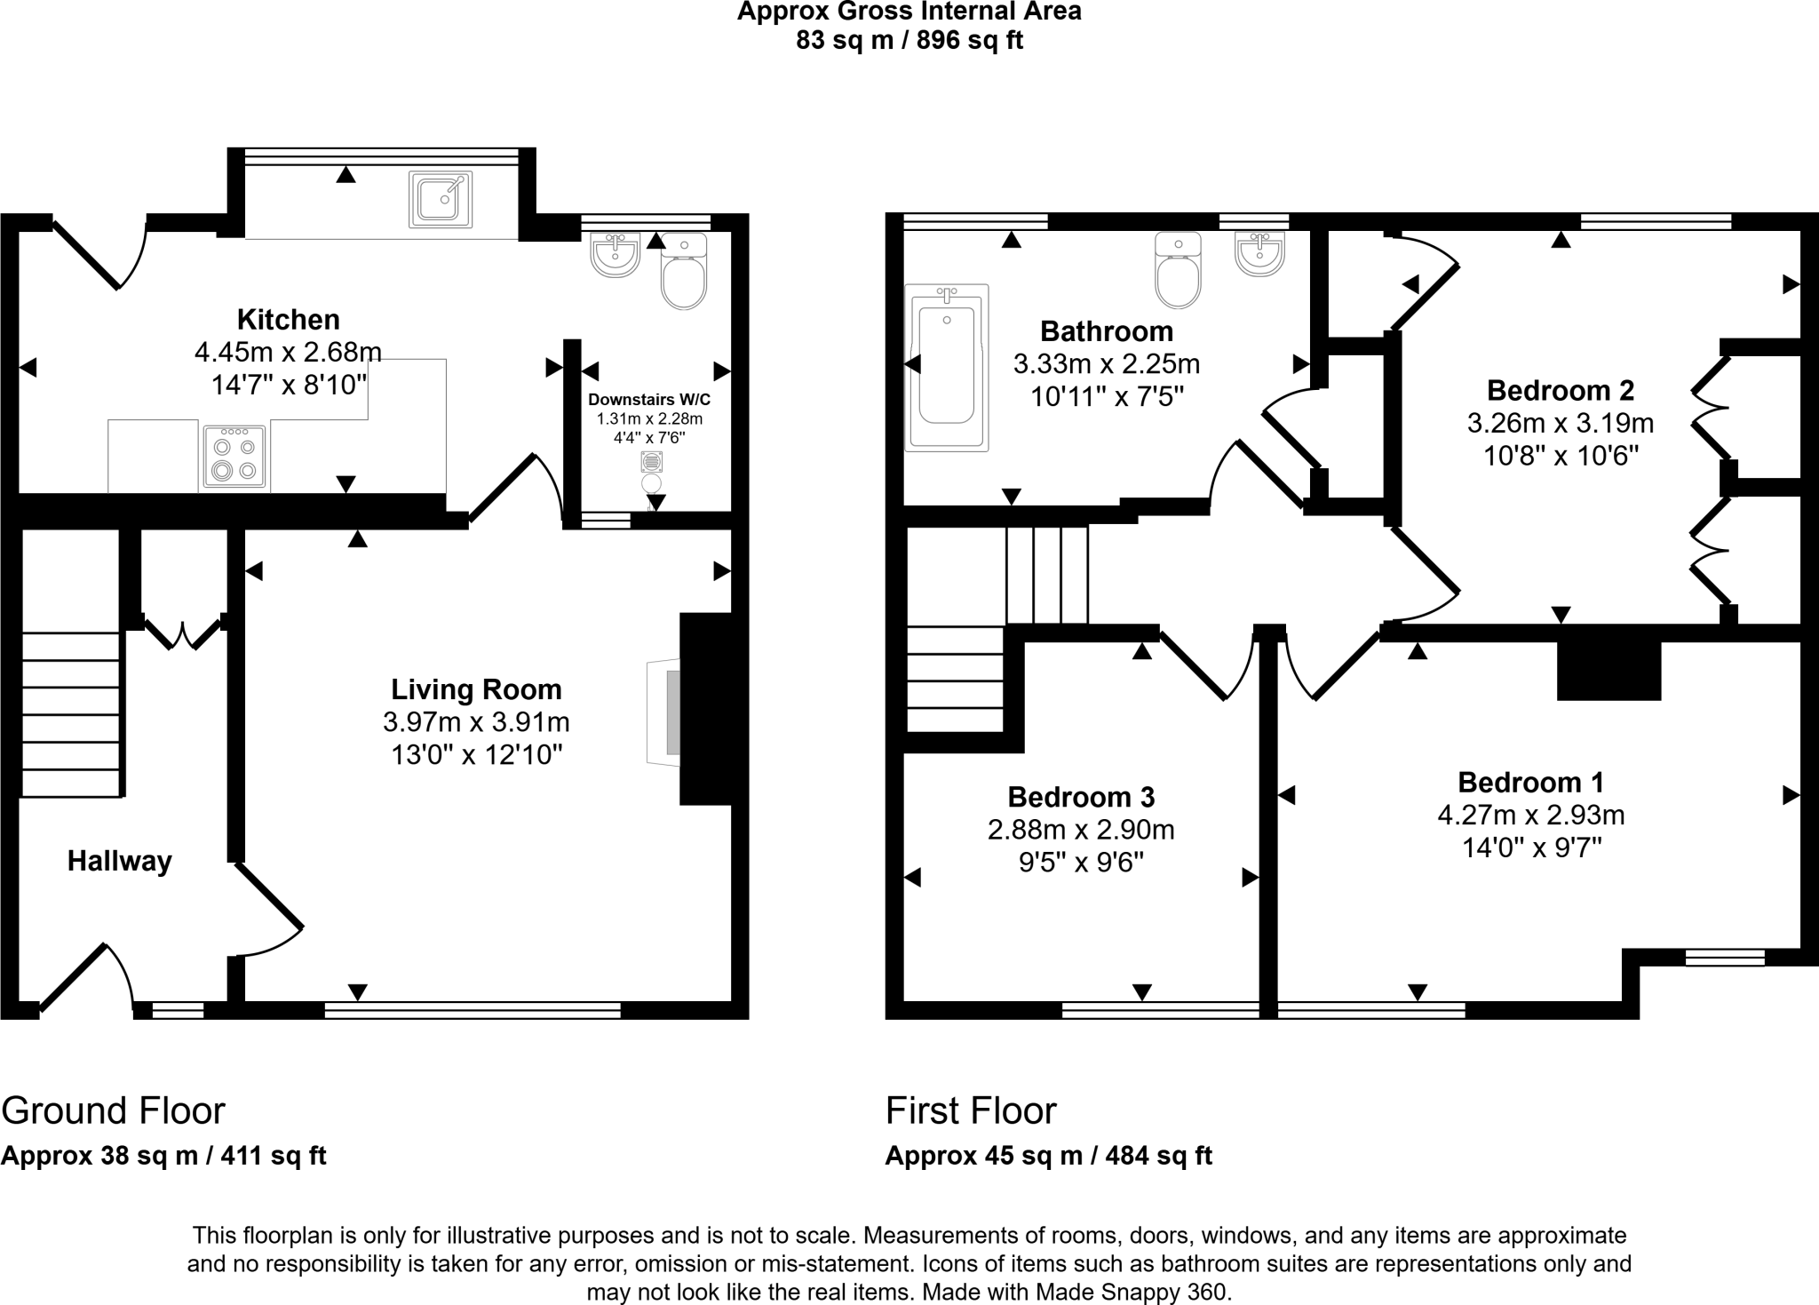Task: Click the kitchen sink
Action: point(441,199)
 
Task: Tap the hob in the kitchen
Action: point(234,457)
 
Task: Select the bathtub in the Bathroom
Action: point(946,368)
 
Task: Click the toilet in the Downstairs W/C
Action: point(684,271)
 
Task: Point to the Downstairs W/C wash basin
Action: point(616,255)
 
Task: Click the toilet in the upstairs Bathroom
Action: point(1178,270)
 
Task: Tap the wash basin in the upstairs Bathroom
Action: point(1259,254)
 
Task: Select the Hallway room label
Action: point(120,861)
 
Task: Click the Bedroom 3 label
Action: point(1081,797)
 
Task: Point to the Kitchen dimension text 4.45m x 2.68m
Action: point(288,353)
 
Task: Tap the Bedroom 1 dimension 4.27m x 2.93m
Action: point(1531,815)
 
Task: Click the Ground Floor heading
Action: point(114,1110)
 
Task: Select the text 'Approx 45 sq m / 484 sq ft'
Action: point(1048,1156)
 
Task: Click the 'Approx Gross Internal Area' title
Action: point(909,12)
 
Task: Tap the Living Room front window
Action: point(473,1009)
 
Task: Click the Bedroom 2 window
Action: point(1656,221)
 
